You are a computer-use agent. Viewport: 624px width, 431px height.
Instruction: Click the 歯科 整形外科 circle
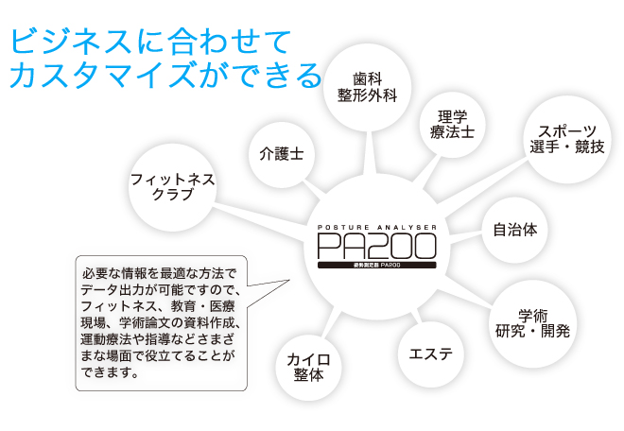coord(367,87)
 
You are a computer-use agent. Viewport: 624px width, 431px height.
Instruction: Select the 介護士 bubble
coord(282,154)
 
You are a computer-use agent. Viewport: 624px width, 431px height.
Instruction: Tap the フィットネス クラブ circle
coord(173,187)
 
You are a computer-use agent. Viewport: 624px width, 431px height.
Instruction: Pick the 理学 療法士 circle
coord(453,125)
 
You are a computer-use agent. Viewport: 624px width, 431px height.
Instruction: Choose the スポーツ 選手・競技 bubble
coord(567,139)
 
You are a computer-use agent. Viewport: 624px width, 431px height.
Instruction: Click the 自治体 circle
coord(515,230)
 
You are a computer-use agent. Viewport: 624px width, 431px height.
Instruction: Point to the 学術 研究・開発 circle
coord(532,323)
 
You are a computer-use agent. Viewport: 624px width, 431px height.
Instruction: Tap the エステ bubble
coord(431,354)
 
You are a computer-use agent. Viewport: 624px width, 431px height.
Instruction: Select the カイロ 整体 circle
coord(308,368)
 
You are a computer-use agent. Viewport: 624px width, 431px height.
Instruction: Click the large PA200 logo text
coord(377,246)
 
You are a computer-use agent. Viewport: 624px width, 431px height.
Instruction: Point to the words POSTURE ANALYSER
coord(377,227)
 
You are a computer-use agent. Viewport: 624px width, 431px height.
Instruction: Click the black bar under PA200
coord(377,265)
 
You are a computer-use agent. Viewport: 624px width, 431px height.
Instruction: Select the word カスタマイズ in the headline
coord(103,76)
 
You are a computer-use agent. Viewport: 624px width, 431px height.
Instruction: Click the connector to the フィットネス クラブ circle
coord(260,222)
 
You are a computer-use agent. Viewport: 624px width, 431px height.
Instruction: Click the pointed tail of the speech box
coord(288,281)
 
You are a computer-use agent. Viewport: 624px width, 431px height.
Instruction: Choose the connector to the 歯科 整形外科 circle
coord(373,152)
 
